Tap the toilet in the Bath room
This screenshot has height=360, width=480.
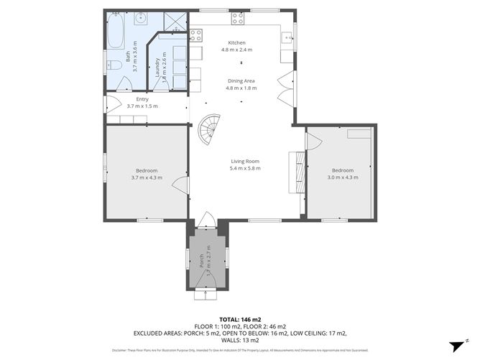[x=114, y=65]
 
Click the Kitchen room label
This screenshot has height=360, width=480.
[x=237, y=42]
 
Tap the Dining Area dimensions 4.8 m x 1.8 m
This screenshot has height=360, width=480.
[x=241, y=88]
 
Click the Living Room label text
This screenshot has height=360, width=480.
[x=245, y=162]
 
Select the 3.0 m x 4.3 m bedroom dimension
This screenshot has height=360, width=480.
[x=342, y=177]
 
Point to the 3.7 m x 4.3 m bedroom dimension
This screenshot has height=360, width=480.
[x=147, y=177]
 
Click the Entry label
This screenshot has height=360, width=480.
[x=142, y=99]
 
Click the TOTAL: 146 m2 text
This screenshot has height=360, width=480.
[x=240, y=319]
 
